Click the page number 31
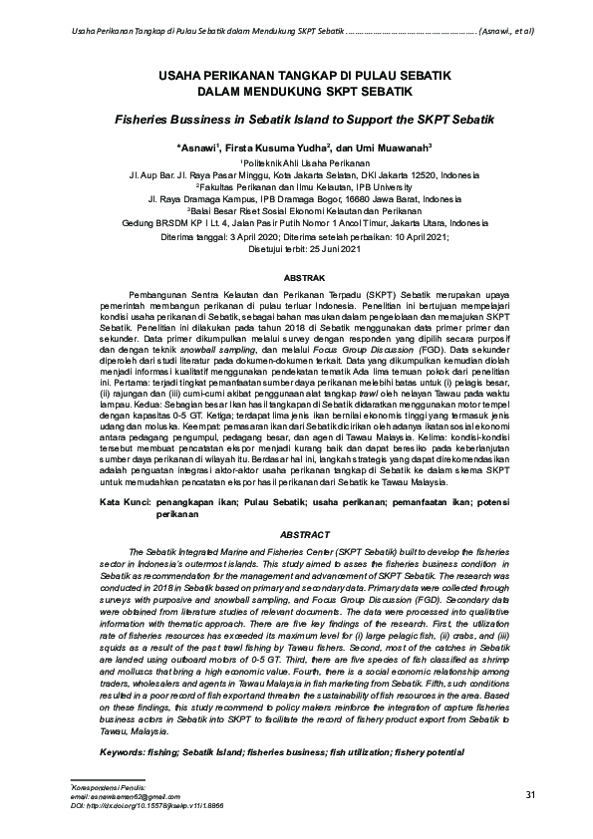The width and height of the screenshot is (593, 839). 530,794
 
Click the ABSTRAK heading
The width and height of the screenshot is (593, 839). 296,271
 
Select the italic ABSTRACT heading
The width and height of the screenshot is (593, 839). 296,533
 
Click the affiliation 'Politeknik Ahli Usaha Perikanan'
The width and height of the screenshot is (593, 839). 297,160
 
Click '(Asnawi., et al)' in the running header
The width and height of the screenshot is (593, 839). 506,30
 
